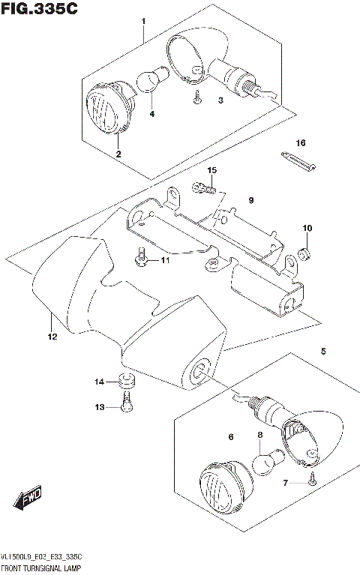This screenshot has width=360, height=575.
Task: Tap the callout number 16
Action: (301, 142)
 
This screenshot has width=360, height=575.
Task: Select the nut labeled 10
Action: (305, 250)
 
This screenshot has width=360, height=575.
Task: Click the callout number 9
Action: (251, 200)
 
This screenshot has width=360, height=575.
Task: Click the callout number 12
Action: (52, 337)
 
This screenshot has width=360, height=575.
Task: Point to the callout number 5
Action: (323, 350)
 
